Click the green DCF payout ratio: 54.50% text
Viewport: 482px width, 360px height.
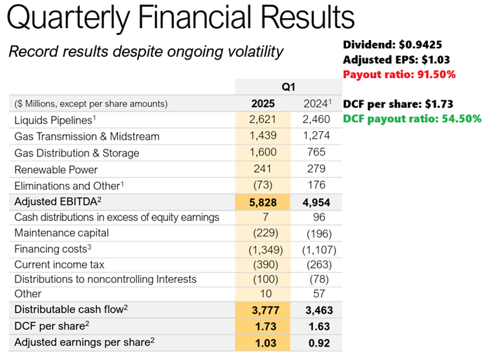(x=413, y=119)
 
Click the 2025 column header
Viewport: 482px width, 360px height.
(x=263, y=104)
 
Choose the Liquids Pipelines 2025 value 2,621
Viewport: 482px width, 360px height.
(x=263, y=120)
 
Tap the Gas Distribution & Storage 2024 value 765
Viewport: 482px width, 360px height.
(x=316, y=153)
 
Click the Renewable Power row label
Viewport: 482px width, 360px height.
(x=56, y=169)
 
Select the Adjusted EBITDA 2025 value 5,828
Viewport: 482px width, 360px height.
(x=263, y=201)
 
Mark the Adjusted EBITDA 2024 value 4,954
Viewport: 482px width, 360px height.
(x=316, y=201)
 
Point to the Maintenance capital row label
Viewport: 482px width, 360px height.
(x=62, y=234)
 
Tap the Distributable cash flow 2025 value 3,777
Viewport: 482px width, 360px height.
(x=263, y=311)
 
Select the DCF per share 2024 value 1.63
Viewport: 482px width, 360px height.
(x=316, y=327)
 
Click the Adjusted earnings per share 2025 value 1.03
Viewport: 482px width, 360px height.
(x=263, y=343)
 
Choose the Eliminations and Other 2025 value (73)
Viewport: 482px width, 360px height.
(x=263, y=185)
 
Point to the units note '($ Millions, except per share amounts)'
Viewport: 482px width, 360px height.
(x=91, y=104)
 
